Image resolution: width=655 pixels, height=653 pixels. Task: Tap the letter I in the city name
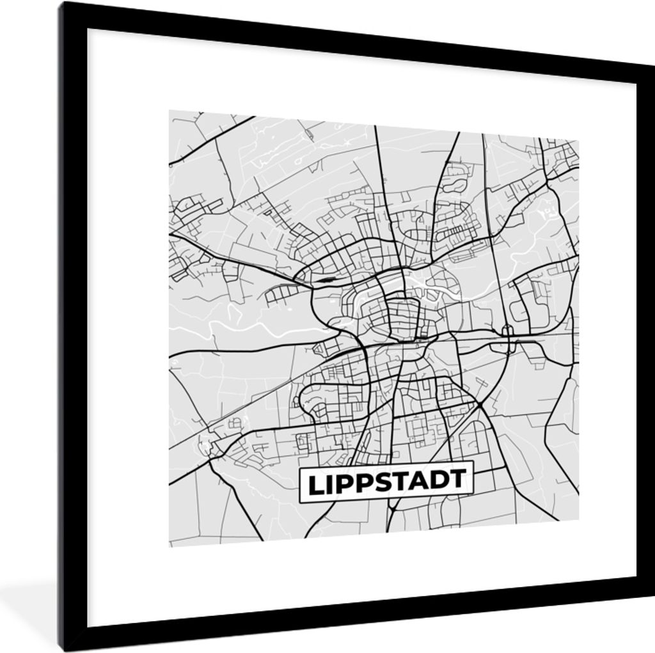coord(331,484)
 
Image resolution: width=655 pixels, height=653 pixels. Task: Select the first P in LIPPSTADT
coord(346,484)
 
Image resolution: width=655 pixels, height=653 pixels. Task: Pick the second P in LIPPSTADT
coord(366,483)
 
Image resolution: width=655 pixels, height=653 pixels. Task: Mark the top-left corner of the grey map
coord(170,111)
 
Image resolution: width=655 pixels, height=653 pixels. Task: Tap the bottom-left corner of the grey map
coord(170,546)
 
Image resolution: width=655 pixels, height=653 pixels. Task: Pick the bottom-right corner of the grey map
coord(578,522)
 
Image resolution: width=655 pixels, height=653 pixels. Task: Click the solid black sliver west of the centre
coord(325,279)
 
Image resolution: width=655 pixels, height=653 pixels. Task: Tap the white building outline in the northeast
coord(548,208)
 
